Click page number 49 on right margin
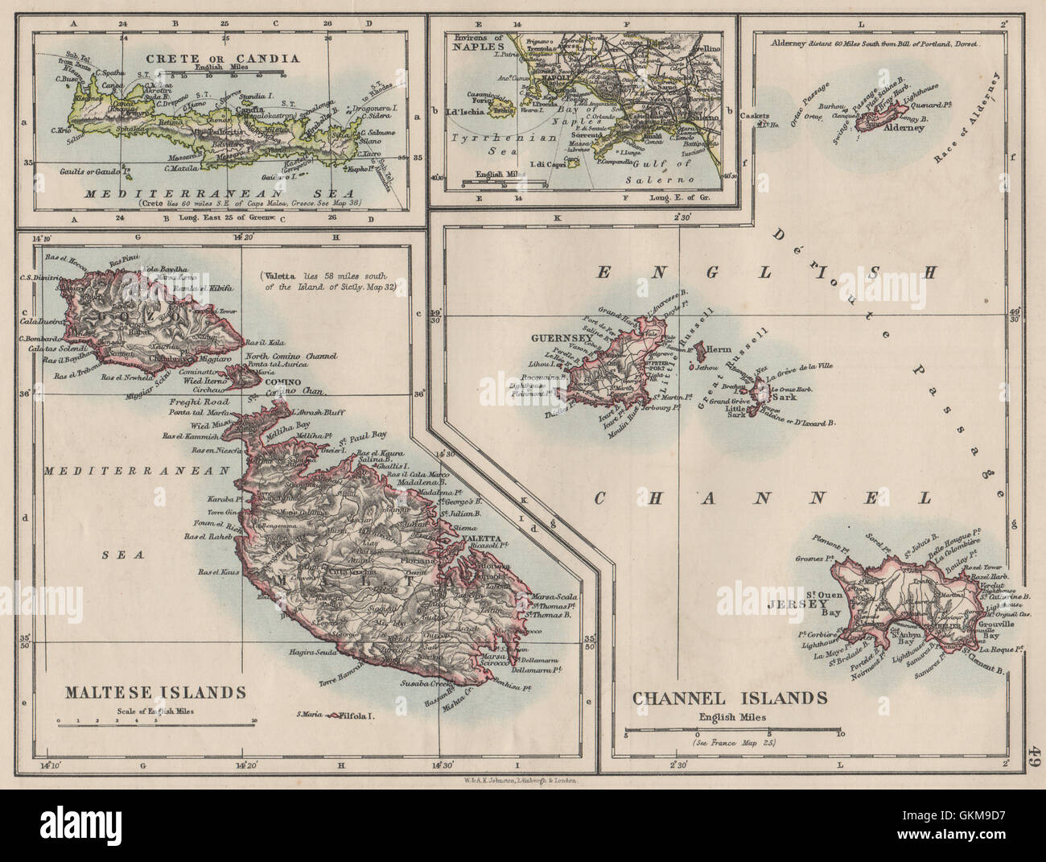[1035, 757]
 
